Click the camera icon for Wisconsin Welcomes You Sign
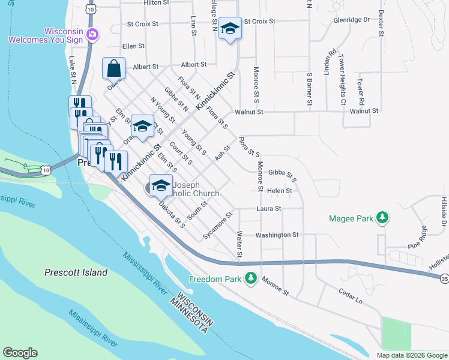pyautogui.click(x=92, y=34)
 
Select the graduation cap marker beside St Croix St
pyautogui.click(x=230, y=29)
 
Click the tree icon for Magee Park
pyautogui.click(x=381, y=218)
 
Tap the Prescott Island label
pyautogui.click(x=76, y=272)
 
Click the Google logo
pyautogui.click(x=20, y=353)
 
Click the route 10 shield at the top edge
pyautogui.click(x=90, y=8)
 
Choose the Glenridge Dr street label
pyautogui.click(x=351, y=20)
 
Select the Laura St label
pyautogui.click(x=269, y=209)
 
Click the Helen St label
pyautogui.click(x=280, y=191)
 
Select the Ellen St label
pyautogui.click(x=133, y=46)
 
